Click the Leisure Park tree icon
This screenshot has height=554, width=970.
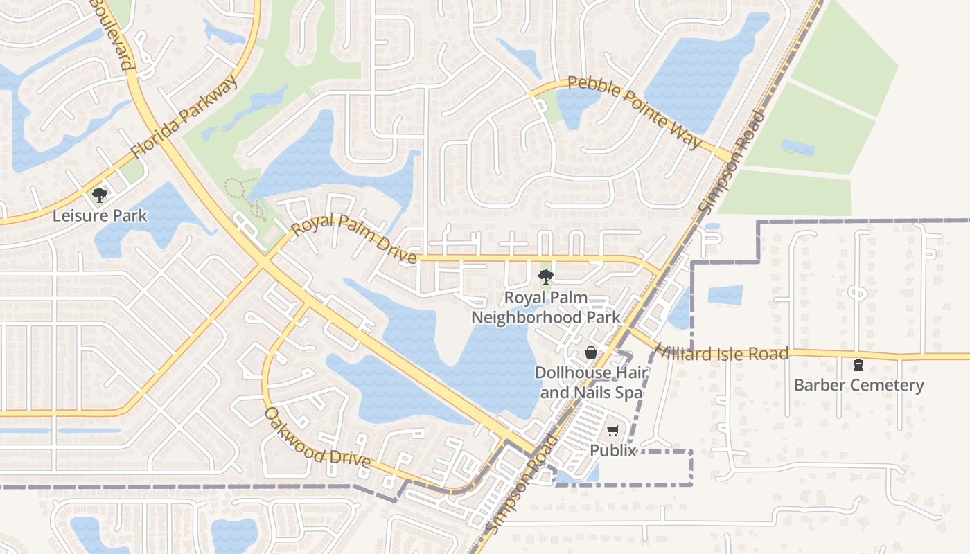point(100,195)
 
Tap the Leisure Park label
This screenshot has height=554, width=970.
point(100,215)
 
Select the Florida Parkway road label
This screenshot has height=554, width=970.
point(184,116)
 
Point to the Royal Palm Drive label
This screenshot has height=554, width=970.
point(353,239)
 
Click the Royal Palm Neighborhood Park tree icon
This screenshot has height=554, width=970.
point(546,278)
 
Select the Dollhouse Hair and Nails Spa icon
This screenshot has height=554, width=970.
point(591,352)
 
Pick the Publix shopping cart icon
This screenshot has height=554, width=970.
point(612,431)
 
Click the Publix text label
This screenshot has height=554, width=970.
point(612,450)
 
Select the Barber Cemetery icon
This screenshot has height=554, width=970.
point(858,365)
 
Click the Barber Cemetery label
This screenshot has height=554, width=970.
point(858,385)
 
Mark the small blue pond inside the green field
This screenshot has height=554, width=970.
point(797,148)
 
